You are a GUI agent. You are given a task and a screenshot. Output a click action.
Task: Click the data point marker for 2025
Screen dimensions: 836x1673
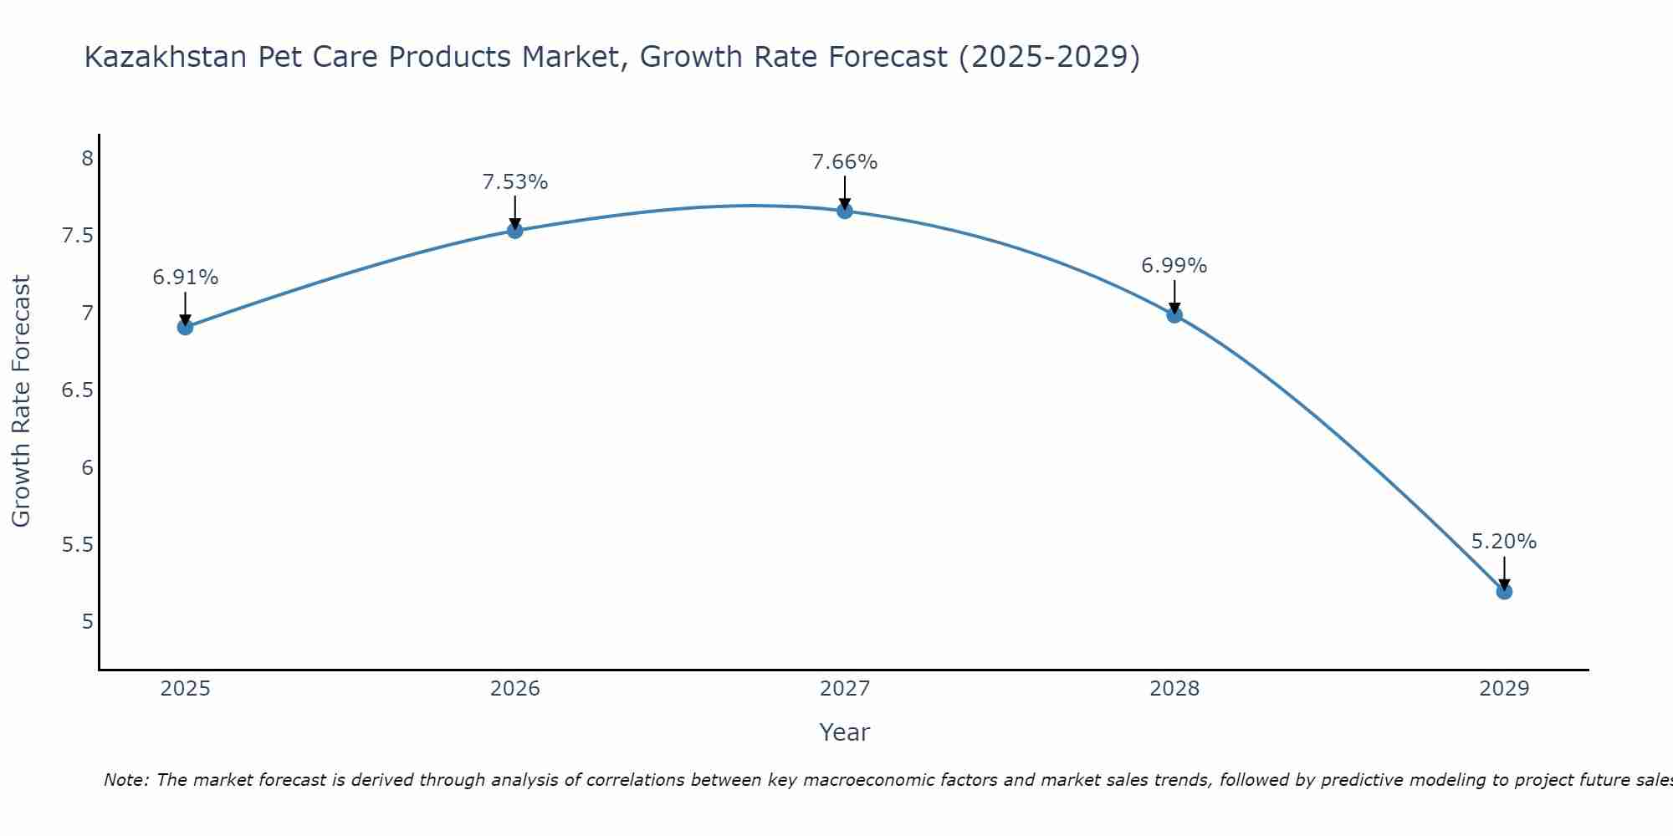[x=186, y=327]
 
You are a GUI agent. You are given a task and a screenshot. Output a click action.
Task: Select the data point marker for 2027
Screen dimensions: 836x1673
[x=845, y=211]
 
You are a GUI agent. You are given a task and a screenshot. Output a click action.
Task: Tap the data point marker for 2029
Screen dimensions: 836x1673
[x=1504, y=592]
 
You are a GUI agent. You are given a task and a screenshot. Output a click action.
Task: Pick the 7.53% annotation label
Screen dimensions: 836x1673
[x=515, y=182]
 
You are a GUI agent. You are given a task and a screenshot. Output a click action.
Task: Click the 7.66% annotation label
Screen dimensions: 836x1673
[x=845, y=162]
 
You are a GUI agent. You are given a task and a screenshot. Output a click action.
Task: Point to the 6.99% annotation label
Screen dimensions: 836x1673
[x=1174, y=266]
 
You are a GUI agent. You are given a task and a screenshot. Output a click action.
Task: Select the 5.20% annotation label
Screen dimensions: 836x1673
[x=1504, y=542]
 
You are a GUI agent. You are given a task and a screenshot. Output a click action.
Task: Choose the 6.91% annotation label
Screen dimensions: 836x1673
[x=186, y=278]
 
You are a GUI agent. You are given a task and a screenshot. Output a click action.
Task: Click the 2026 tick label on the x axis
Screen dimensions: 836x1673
[x=515, y=689]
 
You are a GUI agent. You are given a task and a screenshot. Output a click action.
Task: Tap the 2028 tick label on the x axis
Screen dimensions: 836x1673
[x=1174, y=689]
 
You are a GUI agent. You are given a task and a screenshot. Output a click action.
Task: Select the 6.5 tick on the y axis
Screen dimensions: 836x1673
[x=78, y=390]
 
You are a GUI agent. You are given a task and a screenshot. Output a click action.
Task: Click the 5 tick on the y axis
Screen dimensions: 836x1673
[x=88, y=622]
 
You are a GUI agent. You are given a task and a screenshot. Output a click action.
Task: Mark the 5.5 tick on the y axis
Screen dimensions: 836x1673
[x=78, y=545]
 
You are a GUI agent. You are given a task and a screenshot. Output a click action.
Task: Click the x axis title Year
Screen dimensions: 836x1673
[x=845, y=732]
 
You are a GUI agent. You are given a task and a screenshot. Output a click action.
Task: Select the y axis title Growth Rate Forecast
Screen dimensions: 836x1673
[x=21, y=401]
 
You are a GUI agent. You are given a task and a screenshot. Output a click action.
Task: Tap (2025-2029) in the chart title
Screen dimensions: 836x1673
[x=1050, y=57]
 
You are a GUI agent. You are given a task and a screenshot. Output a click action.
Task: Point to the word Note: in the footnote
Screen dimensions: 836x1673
[x=126, y=780]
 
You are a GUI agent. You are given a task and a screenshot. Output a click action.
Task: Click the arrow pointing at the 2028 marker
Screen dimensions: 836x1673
[x=1174, y=297]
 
